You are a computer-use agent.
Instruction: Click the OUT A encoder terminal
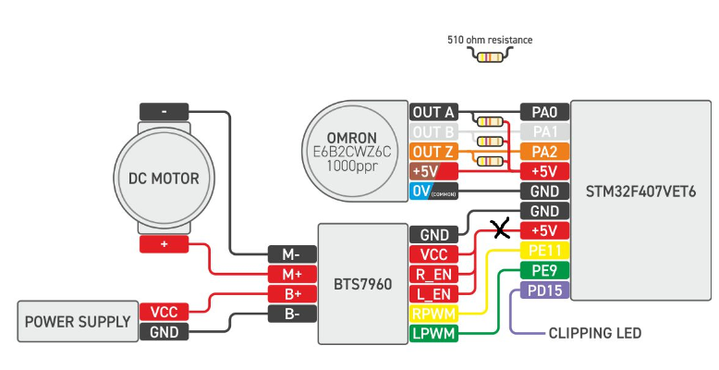coord(433,112)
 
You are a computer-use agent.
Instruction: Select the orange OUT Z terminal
coord(433,151)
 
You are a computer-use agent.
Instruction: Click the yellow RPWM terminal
coord(433,314)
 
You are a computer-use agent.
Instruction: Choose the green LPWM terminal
coord(433,333)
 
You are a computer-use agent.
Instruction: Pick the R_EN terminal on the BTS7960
coord(433,274)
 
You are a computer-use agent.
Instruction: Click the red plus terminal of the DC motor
coord(164,244)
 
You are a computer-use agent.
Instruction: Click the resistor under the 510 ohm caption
coord(490,56)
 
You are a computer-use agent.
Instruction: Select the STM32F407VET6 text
coord(640,191)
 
